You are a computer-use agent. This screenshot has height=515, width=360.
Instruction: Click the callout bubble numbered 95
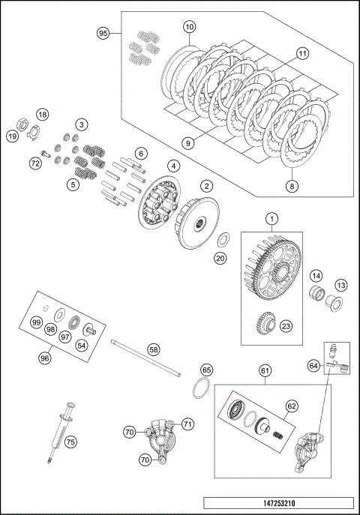103,33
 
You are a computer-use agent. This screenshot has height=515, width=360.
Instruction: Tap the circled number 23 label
286,326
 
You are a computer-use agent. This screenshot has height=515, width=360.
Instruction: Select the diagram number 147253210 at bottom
279,503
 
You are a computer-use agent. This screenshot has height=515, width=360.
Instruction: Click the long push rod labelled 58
145,358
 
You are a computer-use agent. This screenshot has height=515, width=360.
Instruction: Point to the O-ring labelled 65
201,388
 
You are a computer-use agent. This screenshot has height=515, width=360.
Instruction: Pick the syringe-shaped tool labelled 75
61,432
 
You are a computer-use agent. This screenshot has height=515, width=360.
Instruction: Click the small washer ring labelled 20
223,240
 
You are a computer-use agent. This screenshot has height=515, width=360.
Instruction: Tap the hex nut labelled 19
22,124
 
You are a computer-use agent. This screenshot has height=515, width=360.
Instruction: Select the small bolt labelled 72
45,153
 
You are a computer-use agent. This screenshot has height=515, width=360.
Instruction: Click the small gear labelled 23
265,322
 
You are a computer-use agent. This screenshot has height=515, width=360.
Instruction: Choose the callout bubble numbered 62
292,406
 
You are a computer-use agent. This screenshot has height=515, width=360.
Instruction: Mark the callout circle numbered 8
292,187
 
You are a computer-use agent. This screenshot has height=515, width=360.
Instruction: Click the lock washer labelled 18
34,133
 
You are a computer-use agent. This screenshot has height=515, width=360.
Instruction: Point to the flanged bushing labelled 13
334,303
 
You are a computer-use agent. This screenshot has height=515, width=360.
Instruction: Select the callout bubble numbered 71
187,424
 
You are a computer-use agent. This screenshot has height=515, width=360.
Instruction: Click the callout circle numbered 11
302,53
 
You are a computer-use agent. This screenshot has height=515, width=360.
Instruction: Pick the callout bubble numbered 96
45,358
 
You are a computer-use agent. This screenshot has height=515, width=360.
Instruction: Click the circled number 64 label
314,365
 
